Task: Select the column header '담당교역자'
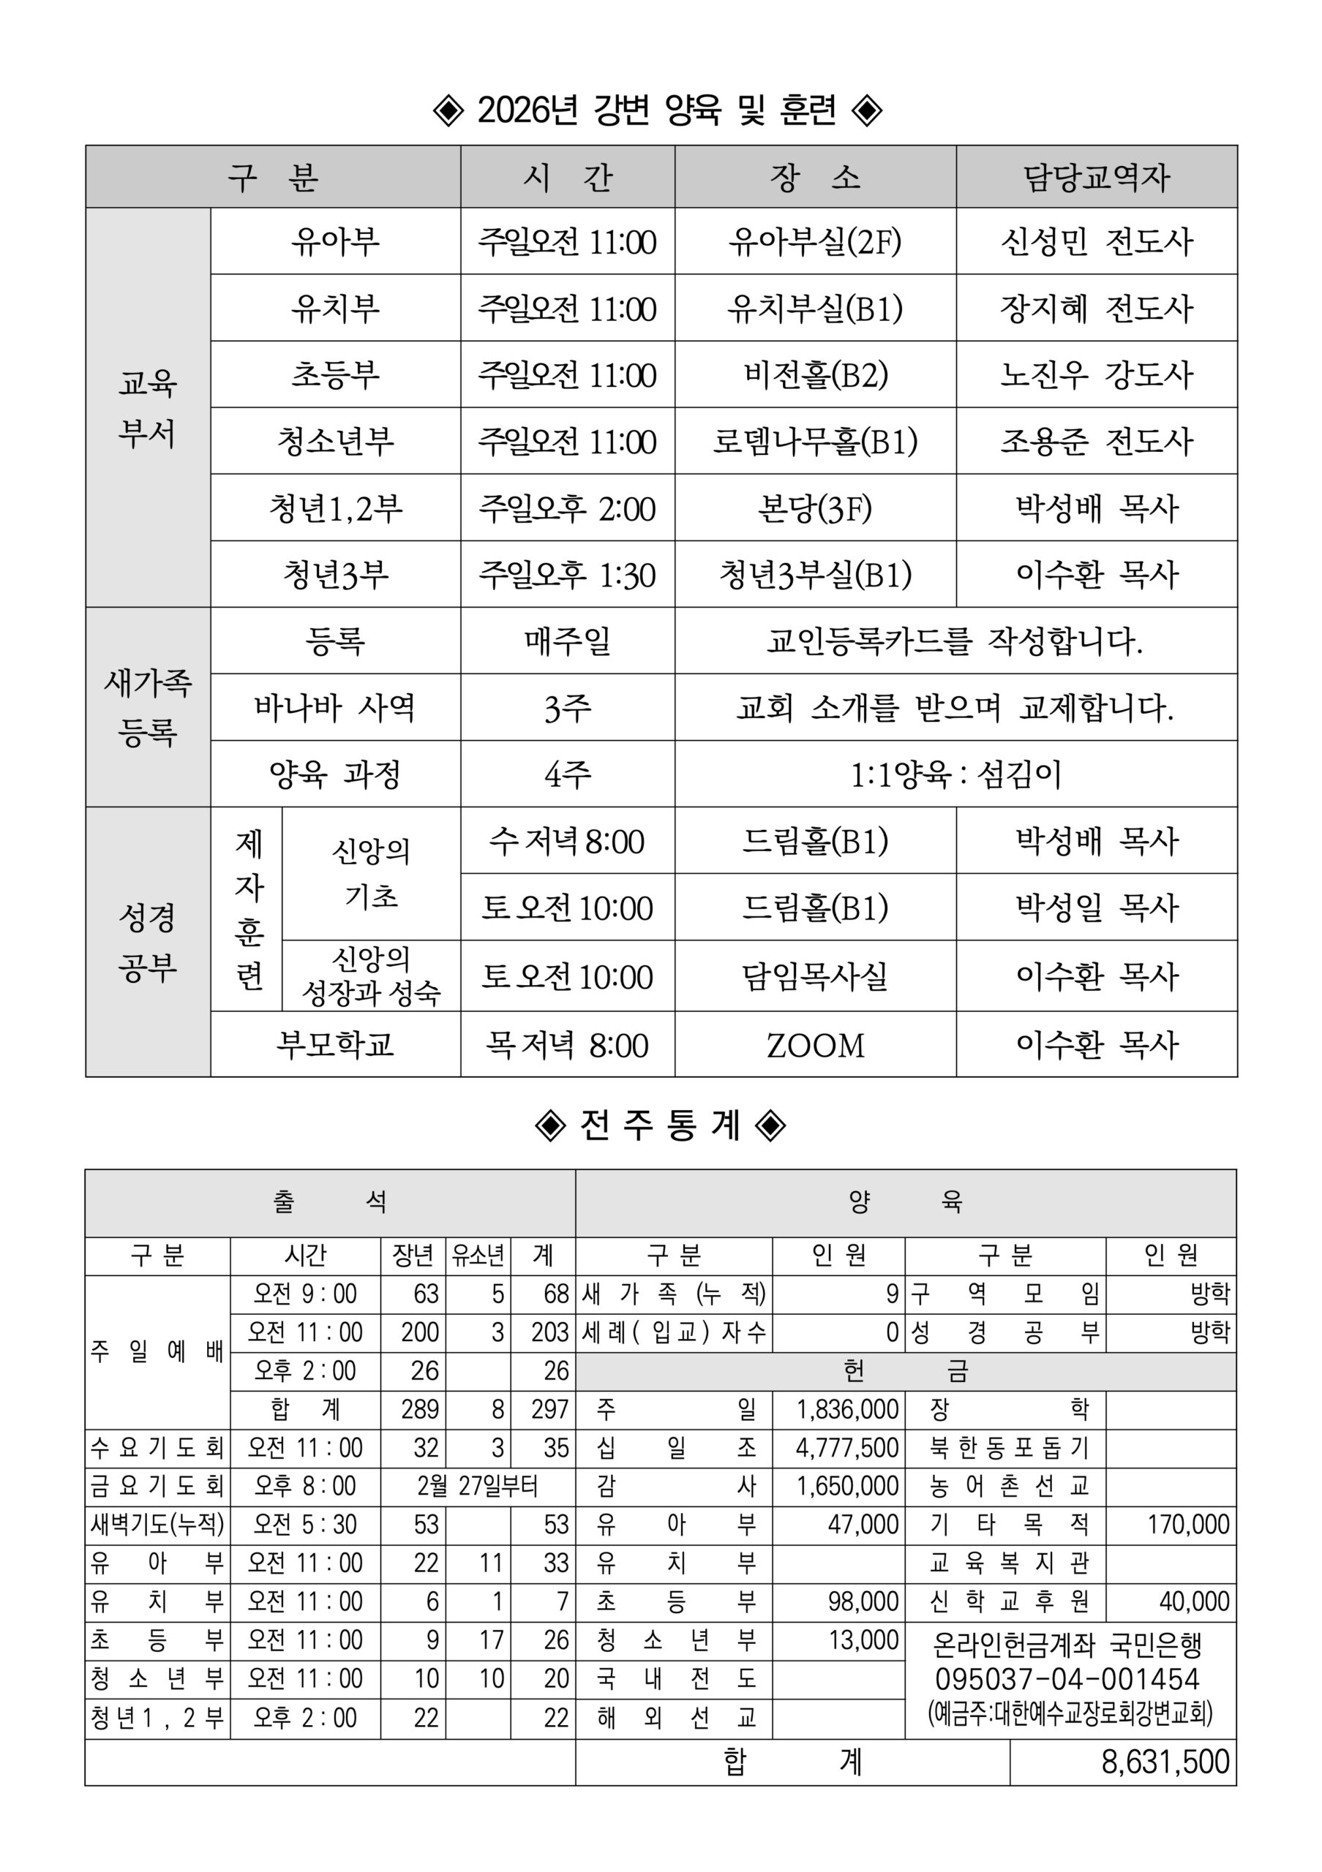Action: pyautogui.click(x=1096, y=177)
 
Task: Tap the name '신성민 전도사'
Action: pyautogui.click(x=1096, y=241)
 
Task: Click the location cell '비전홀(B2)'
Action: pyautogui.click(x=815, y=375)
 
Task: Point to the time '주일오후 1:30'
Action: pyautogui.click(x=567, y=575)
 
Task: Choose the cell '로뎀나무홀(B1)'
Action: pyautogui.click(x=815, y=442)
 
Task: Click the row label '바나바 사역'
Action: pyautogui.click(x=334, y=707)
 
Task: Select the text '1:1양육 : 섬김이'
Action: pyautogui.click(x=955, y=774)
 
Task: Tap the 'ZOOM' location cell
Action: pyautogui.click(x=815, y=1045)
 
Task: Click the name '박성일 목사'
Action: pyautogui.click(x=1096, y=907)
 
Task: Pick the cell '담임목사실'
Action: pyautogui.click(x=815, y=976)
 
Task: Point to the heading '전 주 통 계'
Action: pyautogui.click(x=660, y=1125)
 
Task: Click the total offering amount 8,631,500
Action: pyautogui.click(x=1165, y=1762)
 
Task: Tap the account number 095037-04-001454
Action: pyautogui.click(x=1067, y=1680)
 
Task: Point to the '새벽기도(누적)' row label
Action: pyautogui.click(x=157, y=1525)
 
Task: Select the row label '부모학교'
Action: pyautogui.click(x=334, y=1044)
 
